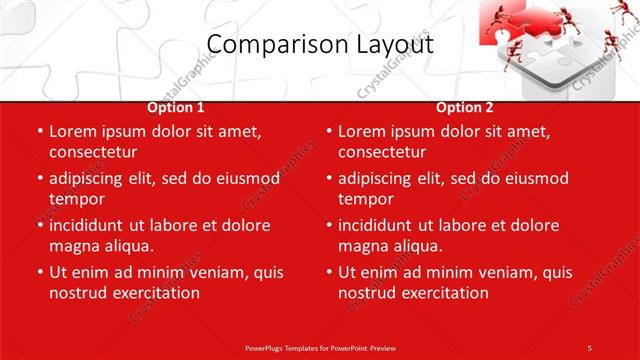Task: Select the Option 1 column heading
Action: click(176, 107)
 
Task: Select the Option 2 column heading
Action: click(465, 107)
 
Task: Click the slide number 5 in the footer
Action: click(589, 347)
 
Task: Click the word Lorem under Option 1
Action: click(73, 131)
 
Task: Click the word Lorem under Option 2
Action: click(362, 131)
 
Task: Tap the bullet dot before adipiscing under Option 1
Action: click(40, 178)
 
